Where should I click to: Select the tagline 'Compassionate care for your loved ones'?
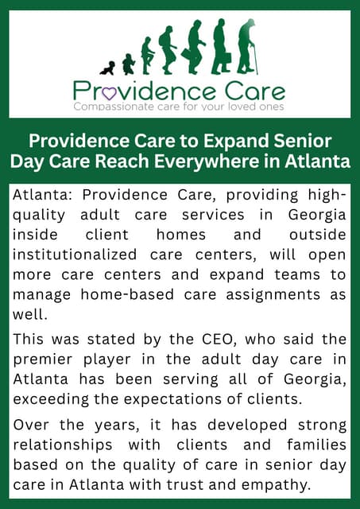(179, 106)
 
